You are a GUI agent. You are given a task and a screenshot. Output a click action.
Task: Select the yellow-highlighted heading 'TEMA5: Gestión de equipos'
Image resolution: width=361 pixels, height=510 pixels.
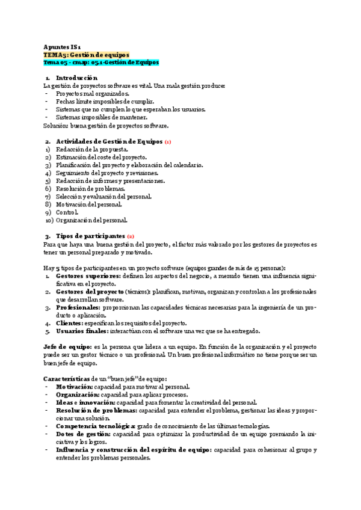[87, 54]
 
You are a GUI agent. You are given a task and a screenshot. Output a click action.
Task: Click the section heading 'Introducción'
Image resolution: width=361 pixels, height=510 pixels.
[76, 78]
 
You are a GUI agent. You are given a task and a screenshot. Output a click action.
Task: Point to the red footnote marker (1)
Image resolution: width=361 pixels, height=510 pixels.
[168, 142]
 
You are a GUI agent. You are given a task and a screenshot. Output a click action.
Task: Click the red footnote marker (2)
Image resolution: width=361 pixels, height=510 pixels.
[131, 236]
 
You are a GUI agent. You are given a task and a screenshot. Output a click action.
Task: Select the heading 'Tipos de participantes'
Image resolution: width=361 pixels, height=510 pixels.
[90, 236]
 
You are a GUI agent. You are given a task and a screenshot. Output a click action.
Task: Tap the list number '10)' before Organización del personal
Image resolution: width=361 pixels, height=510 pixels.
[49, 220]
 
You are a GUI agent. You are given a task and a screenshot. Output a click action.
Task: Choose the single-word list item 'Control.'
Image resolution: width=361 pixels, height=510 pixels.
[67, 212]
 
